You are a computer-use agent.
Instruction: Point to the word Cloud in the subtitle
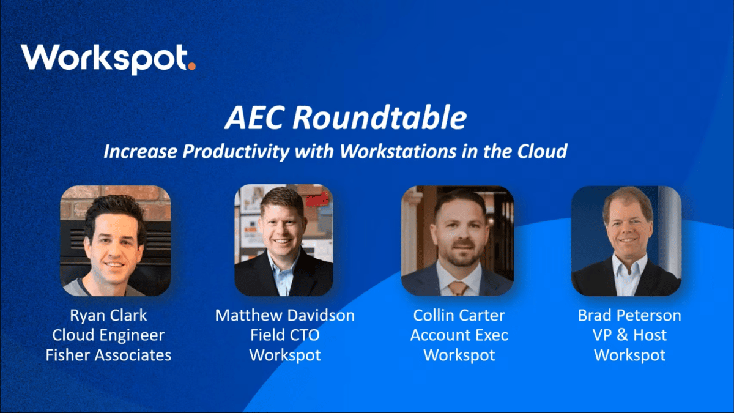(x=541, y=151)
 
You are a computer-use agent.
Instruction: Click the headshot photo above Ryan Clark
(x=115, y=240)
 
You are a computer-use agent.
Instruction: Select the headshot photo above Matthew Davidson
(x=284, y=240)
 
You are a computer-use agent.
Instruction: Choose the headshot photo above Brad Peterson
(x=626, y=240)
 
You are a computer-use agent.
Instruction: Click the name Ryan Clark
(x=108, y=316)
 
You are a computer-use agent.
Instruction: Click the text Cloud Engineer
(x=108, y=335)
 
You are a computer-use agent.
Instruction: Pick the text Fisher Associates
(x=108, y=355)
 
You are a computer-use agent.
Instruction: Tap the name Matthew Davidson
(x=284, y=316)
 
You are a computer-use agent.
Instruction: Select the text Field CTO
(x=284, y=335)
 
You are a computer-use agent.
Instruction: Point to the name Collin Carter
(x=459, y=316)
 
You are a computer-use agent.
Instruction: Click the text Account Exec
(x=459, y=335)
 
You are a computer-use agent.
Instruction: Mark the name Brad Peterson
(x=629, y=316)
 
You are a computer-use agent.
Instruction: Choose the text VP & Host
(x=629, y=335)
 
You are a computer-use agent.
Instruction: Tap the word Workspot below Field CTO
(x=284, y=355)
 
